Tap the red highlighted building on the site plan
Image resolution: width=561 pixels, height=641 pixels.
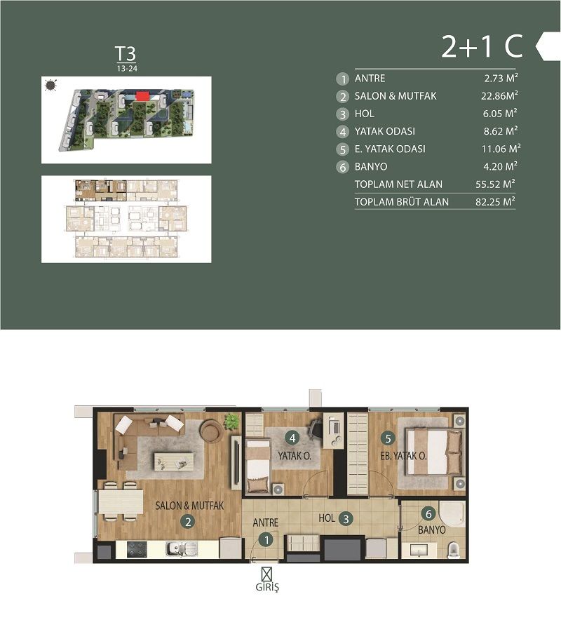coord(143,96)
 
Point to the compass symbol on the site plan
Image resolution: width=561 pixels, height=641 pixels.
coord(50,86)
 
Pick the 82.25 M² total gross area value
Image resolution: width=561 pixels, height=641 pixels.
coord(495,202)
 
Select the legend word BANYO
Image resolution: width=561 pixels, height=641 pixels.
coord(371,167)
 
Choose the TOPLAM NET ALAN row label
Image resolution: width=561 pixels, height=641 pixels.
coord(398,184)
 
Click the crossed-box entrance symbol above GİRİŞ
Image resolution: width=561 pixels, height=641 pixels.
coord(266,572)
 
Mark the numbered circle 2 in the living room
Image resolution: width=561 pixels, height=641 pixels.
coord(187,521)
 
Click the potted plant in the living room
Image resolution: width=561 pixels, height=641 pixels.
coord(231,421)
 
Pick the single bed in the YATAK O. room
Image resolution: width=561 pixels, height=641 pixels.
coord(257,464)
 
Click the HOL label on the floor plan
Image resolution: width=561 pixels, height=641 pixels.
coord(327,519)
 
